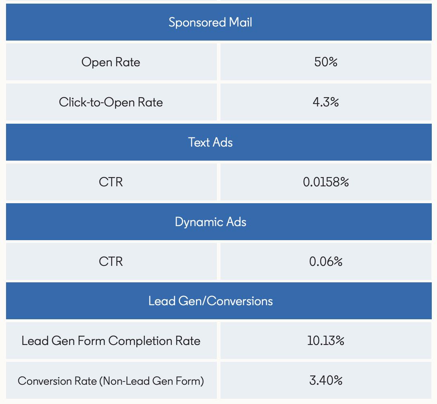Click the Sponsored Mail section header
[x=210, y=22]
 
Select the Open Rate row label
[x=111, y=62]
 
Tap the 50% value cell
[x=326, y=62]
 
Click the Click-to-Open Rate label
[x=111, y=102]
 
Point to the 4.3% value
[x=326, y=102]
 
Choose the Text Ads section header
[x=210, y=142]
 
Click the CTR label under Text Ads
[x=111, y=182]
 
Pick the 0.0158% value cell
[x=326, y=182]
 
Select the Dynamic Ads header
[x=210, y=222]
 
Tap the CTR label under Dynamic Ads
[x=111, y=261]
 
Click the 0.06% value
[x=326, y=261]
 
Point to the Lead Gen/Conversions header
[x=210, y=301]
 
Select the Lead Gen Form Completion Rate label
[x=111, y=341]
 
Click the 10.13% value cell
[x=326, y=341]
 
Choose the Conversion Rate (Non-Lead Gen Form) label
[x=111, y=381]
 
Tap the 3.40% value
[x=326, y=381]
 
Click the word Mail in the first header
[x=241, y=22]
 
